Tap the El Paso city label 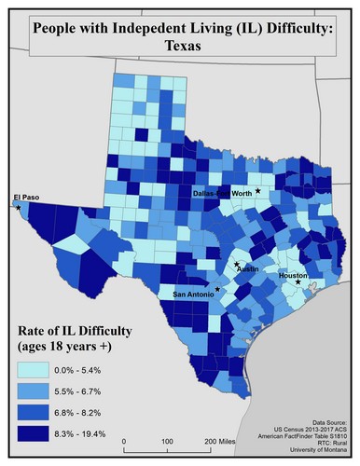pos(29,197)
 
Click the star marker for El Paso pos(18,207)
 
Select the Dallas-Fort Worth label pos(222,193)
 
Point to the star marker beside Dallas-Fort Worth pos(258,190)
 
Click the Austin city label pos(247,269)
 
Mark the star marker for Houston pos(298,283)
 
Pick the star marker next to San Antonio pos(217,290)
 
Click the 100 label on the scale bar pos(166,440)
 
